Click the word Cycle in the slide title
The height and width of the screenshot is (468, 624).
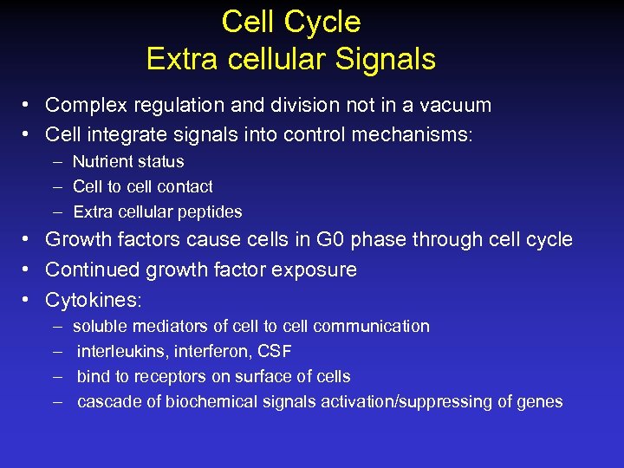point(328,22)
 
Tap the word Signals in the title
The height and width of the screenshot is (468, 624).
point(388,59)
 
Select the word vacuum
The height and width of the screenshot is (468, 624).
point(456,106)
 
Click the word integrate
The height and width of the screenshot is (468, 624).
point(120,135)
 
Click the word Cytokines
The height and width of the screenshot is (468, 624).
point(91,300)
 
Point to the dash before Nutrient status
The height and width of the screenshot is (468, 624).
point(56,162)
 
